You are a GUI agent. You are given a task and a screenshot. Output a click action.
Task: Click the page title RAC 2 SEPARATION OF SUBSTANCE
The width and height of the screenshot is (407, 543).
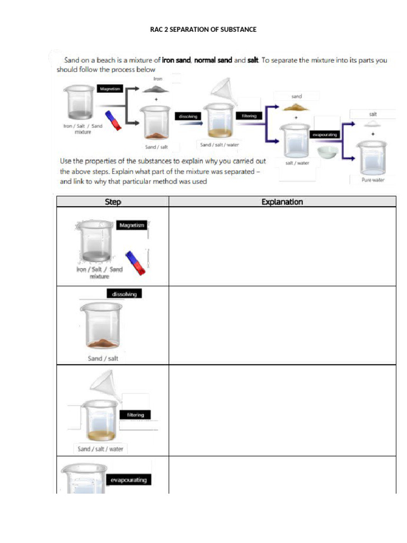coord(203,30)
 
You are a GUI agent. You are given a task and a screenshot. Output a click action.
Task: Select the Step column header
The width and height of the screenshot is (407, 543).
coord(112,202)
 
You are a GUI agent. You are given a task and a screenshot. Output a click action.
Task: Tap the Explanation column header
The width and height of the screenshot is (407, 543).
coord(282,202)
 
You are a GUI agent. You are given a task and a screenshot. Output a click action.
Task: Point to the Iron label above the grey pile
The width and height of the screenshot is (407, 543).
coord(158,78)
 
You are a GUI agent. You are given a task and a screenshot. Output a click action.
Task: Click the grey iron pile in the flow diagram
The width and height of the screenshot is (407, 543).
coord(156,90)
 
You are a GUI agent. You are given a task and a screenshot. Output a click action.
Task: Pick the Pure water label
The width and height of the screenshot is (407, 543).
coord(374,180)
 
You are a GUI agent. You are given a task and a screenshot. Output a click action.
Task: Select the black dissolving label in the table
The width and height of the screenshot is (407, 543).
coord(125,294)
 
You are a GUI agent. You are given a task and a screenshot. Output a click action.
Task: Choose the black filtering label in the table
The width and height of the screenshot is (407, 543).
coord(136,415)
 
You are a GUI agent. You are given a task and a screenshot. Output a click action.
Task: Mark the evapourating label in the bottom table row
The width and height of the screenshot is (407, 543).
coord(129,480)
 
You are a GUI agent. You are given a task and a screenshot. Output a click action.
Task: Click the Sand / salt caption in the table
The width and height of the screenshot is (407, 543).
coord(103,358)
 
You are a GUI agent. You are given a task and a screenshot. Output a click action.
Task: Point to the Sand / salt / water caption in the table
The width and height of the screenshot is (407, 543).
coord(100,449)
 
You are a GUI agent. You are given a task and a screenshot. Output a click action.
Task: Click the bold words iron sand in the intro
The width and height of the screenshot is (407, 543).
coord(176,60)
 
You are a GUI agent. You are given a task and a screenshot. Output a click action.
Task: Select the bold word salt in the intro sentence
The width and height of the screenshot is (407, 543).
coord(253,60)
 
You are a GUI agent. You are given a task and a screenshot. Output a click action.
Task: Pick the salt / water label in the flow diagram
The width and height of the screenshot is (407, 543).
coord(297,163)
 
